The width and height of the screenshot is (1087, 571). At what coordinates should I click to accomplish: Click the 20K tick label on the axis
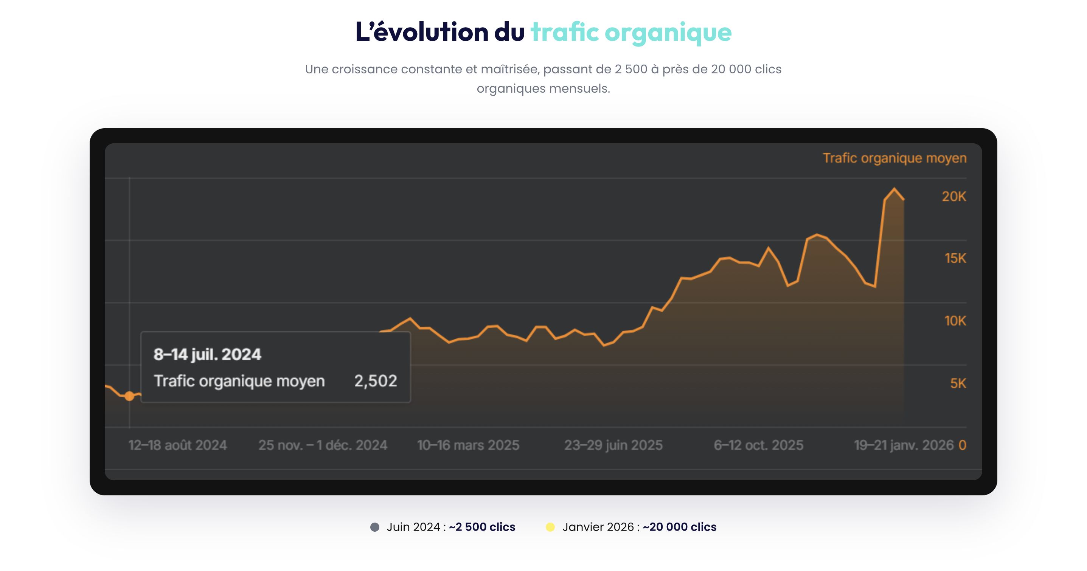[953, 196]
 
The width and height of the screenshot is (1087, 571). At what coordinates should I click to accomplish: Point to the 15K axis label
[955, 258]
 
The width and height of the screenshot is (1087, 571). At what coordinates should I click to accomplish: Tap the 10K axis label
[955, 321]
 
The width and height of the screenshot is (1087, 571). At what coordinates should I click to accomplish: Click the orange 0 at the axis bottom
[962, 445]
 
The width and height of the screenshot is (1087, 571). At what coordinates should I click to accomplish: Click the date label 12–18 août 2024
[178, 445]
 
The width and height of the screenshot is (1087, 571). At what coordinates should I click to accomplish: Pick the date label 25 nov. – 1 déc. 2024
[323, 445]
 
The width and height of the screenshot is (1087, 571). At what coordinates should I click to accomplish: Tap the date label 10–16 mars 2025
[468, 445]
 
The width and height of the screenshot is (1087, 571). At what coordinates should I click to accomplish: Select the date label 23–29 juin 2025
[613, 445]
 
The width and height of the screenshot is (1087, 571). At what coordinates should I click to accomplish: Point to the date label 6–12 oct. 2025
[758, 445]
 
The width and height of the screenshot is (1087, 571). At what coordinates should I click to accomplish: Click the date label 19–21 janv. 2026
[904, 445]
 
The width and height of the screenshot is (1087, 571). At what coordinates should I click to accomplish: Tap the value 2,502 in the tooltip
[376, 381]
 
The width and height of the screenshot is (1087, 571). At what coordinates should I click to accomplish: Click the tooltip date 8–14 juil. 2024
[207, 354]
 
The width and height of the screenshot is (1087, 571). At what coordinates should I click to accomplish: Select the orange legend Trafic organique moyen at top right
[894, 158]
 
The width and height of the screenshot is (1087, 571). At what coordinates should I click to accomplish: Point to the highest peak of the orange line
[894, 189]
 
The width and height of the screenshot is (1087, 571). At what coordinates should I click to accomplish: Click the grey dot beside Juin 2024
[375, 527]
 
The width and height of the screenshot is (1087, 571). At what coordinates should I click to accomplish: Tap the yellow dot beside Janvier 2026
[550, 527]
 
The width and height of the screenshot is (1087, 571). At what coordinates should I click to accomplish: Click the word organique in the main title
[668, 32]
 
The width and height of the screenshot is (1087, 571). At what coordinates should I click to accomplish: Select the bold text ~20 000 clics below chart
[679, 527]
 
